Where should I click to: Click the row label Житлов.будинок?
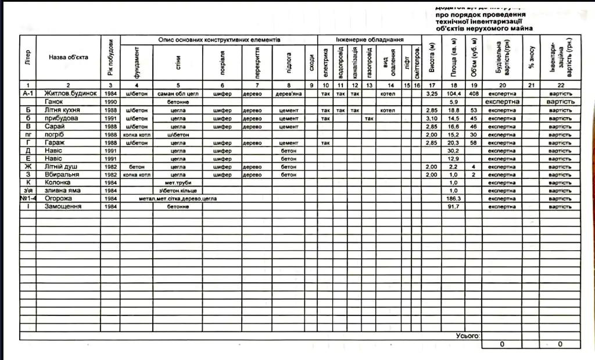[x=70, y=93]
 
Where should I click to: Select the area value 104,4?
[x=453, y=93]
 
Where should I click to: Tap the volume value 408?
[x=474, y=93]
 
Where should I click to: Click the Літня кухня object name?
[x=62, y=110]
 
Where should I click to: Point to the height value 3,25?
[x=431, y=93]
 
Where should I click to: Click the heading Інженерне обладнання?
[x=369, y=39]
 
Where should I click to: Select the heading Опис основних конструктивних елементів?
[x=219, y=39]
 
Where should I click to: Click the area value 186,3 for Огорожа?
[x=453, y=199]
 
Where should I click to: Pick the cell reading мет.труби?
[x=178, y=182]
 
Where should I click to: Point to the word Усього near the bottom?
[x=467, y=336]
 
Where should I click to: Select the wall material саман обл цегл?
[x=178, y=93]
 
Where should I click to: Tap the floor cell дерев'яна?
[x=288, y=93]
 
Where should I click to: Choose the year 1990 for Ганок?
[x=110, y=102]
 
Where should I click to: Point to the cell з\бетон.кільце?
[x=178, y=190]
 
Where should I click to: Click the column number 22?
[x=560, y=85]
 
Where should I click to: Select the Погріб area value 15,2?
[x=453, y=134]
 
